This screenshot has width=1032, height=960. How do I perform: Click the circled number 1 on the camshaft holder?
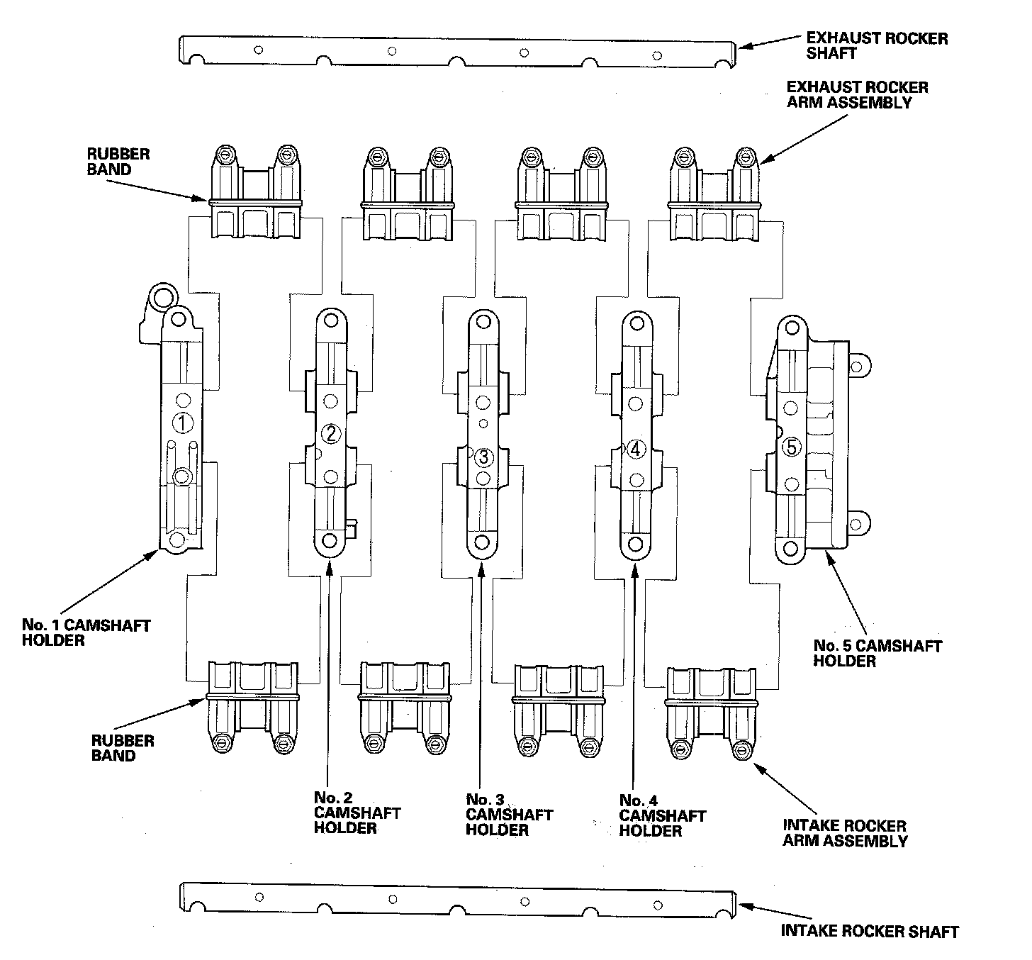coord(182,423)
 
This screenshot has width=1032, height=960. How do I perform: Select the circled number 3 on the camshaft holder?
coord(483,457)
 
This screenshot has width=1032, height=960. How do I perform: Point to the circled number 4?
coord(635,449)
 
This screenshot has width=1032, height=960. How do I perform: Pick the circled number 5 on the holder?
coord(792,447)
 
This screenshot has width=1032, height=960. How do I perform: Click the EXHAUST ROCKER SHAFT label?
coord(876,45)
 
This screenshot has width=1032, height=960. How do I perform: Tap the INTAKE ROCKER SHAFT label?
coord(869,932)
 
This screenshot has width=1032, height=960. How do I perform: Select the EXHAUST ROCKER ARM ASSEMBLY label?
coord(857,94)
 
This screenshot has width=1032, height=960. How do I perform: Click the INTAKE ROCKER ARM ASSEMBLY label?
coord(844,833)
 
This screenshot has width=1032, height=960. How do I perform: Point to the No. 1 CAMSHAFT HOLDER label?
coord(86,632)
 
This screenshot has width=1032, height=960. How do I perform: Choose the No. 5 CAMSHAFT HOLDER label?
coord(877,653)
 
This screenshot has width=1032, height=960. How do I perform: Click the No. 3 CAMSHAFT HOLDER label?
coord(508,815)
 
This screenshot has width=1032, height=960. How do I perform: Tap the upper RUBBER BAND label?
coord(108,162)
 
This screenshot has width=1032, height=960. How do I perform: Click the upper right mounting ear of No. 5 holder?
coord(857,367)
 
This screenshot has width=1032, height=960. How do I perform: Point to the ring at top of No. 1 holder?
coord(162,296)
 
